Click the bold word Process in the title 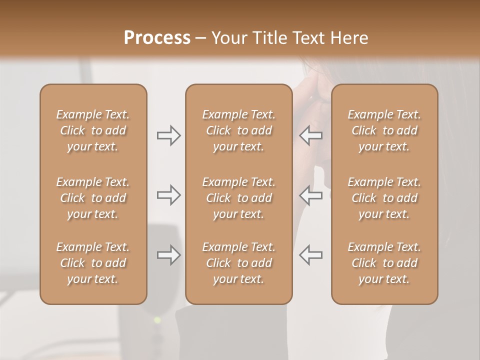(157, 38)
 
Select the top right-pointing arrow (168, 135)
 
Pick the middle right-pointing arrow (168, 195)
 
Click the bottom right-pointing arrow (168, 255)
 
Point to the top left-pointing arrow (310, 135)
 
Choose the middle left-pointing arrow (310, 195)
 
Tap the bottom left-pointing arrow (310, 255)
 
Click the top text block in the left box (93, 130)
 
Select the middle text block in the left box (93, 198)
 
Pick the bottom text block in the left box (93, 263)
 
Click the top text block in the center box (238, 130)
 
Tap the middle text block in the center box (238, 198)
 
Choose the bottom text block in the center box (238, 263)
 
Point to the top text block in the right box (384, 130)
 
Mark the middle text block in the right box (384, 198)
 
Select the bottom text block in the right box (384, 263)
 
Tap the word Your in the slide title (228, 38)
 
